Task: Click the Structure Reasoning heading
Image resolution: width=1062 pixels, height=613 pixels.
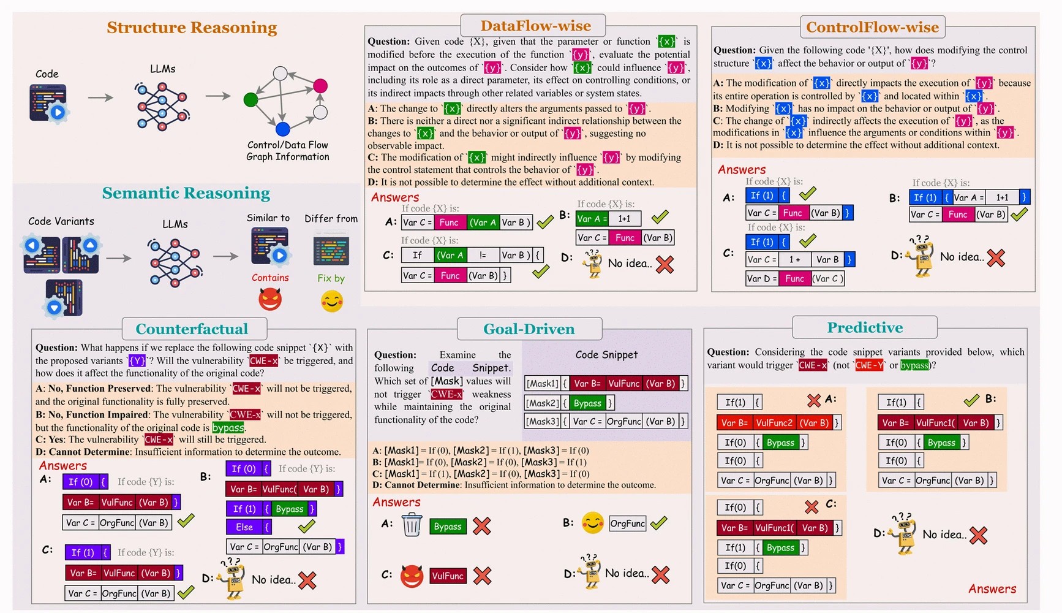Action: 192,28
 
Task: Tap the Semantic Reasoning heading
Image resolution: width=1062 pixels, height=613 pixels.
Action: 186,193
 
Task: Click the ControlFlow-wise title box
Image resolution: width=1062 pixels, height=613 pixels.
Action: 872,27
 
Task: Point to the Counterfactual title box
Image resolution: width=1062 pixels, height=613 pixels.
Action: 192,329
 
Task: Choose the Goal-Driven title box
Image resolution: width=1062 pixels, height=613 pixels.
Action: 529,329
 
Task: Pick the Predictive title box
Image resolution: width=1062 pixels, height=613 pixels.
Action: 865,327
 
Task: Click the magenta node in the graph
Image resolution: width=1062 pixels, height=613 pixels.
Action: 320,86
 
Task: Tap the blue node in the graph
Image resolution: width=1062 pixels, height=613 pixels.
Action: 282,129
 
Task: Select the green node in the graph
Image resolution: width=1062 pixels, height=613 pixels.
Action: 250,99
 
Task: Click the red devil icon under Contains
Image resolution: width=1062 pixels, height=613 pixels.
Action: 270,300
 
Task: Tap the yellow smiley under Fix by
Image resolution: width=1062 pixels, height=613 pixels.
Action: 332,301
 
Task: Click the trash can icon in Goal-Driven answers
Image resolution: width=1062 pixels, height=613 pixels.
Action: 412,525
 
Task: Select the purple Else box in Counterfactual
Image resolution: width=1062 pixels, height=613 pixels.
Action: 244,527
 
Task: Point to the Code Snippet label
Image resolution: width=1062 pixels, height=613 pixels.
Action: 606,355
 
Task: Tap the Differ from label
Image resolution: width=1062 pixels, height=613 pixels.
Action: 331,219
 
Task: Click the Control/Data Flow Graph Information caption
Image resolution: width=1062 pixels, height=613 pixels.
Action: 287,151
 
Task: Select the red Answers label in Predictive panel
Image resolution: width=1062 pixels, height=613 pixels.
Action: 992,589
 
